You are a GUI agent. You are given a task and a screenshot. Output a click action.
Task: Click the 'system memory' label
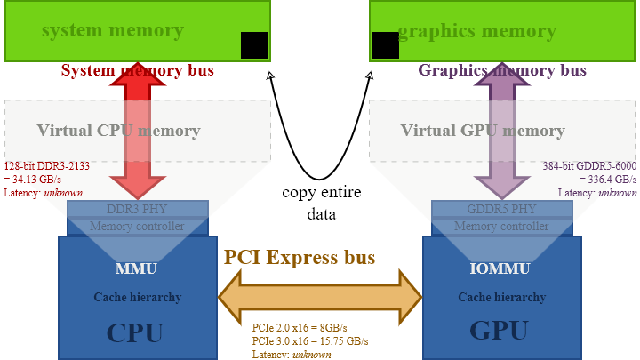(112, 31)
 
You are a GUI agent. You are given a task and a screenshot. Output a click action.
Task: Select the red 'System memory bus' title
(137, 70)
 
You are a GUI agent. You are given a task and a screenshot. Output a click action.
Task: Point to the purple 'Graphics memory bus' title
(502, 70)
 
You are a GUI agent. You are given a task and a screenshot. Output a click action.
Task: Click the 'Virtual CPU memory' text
(118, 131)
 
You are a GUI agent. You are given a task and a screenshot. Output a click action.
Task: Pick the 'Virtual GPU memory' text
(483, 131)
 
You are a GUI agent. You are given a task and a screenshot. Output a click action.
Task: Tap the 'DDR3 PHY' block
(137, 210)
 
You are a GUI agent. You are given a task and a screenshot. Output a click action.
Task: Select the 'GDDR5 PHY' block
(500, 210)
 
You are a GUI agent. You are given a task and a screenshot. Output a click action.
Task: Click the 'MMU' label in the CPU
(137, 268)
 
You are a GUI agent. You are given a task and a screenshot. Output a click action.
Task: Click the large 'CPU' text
(135, 333)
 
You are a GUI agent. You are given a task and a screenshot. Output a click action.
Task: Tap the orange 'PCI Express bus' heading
(300, 258)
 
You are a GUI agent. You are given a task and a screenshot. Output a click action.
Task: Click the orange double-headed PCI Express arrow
(320, 296)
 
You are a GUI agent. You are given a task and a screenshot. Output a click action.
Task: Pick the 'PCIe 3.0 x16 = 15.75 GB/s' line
(310, 340)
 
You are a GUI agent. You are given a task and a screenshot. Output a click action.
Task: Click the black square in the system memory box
(254, 45)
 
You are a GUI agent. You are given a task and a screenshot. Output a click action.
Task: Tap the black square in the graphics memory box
(386, 45)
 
